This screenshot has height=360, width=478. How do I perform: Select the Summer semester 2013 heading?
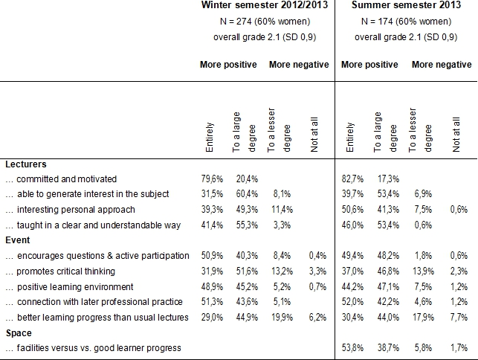click(x=402, y=6)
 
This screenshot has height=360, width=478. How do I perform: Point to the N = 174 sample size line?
click(x=402, y=22)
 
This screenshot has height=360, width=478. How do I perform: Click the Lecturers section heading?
click(x=26, y=164)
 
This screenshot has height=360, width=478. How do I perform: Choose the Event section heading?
click(x=18, y=240)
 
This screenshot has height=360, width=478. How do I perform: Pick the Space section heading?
click(x=19, y=332)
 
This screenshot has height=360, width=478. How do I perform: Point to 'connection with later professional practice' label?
click(x=96, y=302)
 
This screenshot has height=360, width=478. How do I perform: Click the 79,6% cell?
click(x=214, y=179)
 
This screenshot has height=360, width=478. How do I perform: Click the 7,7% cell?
click(x=460, y=318)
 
